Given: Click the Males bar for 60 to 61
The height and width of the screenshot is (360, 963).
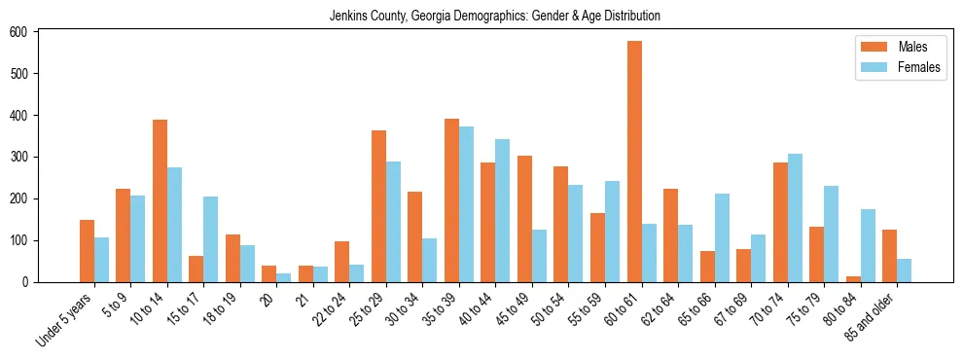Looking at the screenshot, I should click(634, 162).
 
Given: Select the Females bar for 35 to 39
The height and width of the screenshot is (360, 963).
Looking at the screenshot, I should click(466, 204).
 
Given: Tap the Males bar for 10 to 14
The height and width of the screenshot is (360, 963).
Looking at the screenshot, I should click(160, 200).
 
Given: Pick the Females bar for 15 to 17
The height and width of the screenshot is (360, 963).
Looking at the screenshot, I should click(211, 239).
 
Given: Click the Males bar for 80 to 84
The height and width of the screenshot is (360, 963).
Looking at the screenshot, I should click(853, 279).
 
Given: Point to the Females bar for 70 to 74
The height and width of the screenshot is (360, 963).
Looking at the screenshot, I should click(795, 218).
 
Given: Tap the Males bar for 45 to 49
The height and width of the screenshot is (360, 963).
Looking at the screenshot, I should click(524, 219).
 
